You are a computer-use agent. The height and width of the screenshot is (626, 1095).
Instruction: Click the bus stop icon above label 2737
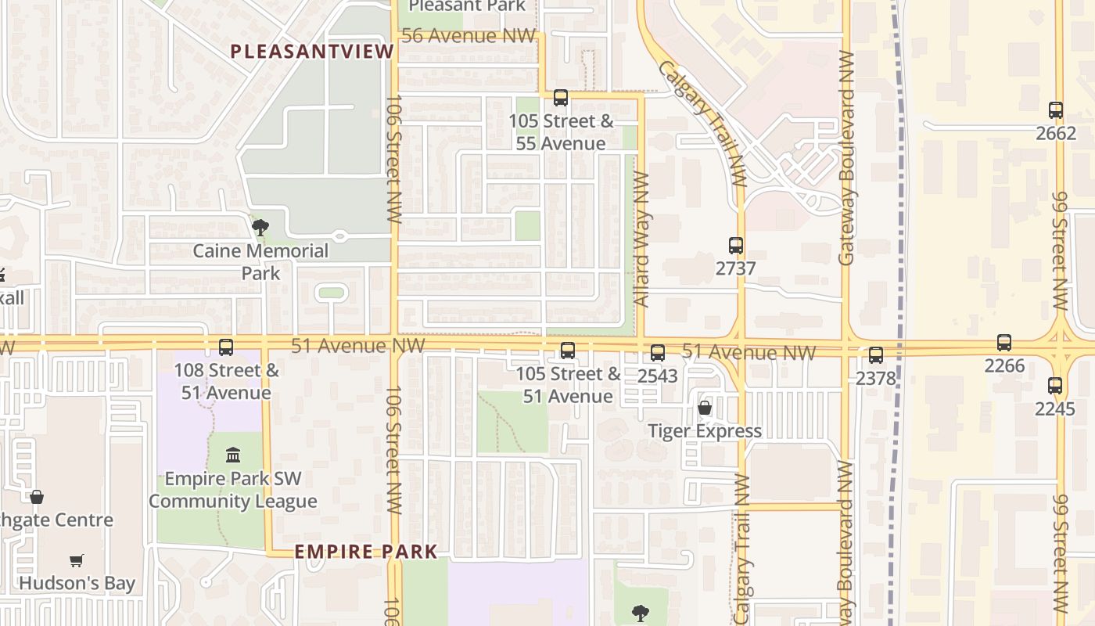pos(735,246)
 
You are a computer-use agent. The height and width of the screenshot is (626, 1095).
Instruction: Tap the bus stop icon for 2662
pos(1055,110)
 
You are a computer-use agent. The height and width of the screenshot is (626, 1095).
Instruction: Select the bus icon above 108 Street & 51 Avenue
pos(226,347)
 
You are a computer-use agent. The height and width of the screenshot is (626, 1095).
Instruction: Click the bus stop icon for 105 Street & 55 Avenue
pos(560,98)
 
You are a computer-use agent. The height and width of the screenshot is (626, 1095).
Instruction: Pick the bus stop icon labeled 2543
pos(657,353)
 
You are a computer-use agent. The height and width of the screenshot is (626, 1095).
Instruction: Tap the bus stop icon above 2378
pos(875,355)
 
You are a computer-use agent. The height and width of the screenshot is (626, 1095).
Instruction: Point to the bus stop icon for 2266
pos(1003,343)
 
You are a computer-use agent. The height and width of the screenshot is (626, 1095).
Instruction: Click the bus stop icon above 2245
pos(1054,386)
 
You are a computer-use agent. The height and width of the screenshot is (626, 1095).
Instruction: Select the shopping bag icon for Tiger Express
pos(704,408)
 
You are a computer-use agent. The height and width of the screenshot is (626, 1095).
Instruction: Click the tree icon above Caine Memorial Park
pos(260,228)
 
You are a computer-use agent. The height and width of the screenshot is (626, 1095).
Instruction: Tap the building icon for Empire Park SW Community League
pos(232,455)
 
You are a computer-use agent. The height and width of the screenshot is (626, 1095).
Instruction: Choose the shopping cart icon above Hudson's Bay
pos(76,560)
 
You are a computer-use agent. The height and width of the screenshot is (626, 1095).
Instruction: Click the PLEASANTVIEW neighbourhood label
pos(312,52)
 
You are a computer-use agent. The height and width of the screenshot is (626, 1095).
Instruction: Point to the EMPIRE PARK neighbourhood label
pos(365,552)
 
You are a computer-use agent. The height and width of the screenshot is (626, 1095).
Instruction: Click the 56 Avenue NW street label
pos(468,36)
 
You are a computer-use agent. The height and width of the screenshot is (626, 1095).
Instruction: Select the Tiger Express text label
pos(704,431)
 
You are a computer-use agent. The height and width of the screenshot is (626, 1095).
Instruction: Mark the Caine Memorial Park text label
pos(260,262)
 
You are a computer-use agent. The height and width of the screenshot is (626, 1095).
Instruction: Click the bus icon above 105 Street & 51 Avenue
pos(567,351)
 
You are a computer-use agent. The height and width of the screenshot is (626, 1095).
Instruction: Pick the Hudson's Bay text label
pos(77,583)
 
